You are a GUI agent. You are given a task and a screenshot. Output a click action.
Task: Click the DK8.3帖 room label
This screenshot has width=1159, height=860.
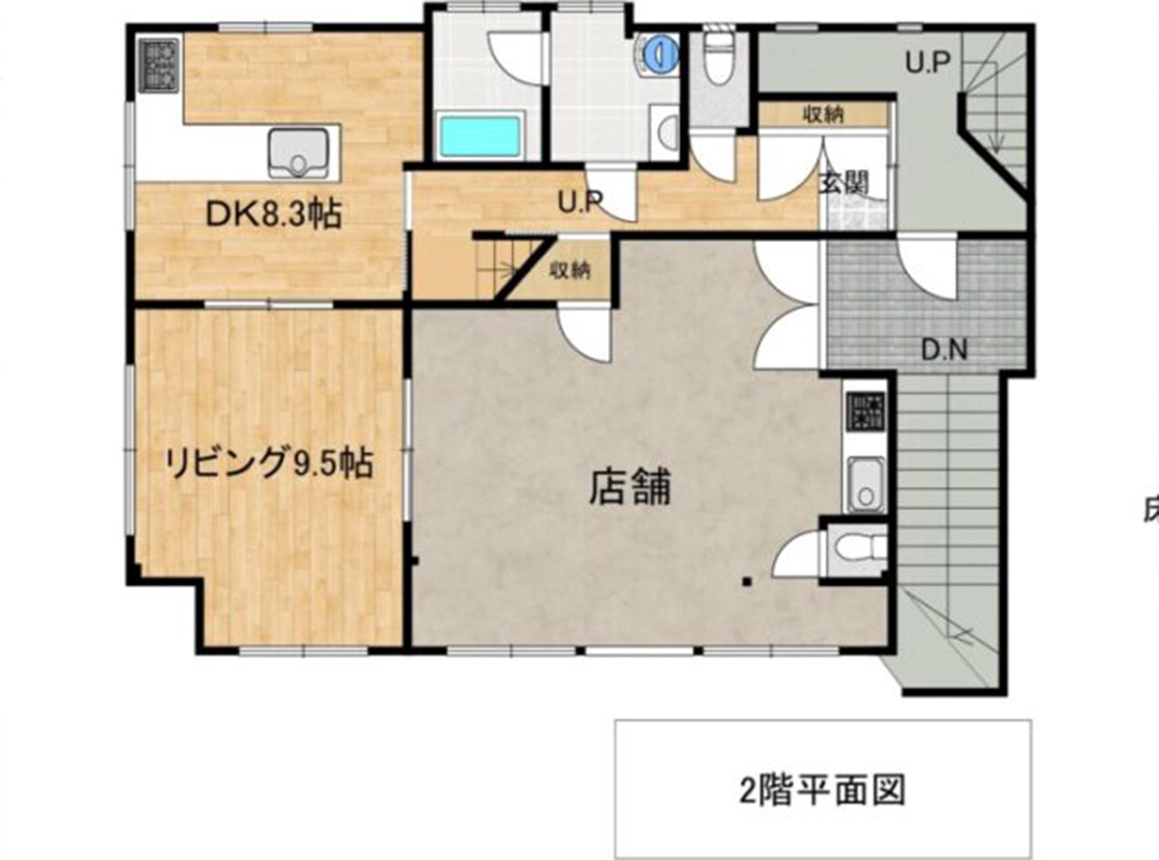coord(274,214)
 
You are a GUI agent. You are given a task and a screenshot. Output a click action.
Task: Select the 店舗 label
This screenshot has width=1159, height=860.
coord(629,487)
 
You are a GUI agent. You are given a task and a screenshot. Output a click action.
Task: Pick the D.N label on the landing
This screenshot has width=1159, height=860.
coord(945,350)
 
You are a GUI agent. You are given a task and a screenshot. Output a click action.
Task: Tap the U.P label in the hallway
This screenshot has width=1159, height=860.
coord(580,202)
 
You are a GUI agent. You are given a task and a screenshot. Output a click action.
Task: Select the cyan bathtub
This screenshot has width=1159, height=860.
coord(480,136)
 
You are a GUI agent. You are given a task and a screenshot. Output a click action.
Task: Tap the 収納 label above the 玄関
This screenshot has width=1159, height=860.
coord(822,114)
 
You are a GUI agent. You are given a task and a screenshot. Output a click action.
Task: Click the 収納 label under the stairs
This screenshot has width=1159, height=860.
coord(571,271)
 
